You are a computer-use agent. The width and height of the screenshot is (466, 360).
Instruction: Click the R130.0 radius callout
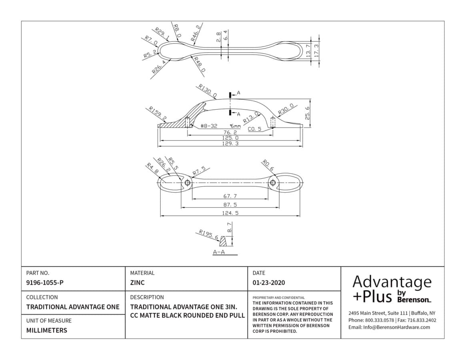coord(208,91)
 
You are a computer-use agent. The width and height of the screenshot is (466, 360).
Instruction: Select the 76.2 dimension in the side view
coord(230,132)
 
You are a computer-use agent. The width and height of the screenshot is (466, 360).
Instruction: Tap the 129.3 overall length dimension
coord(230,143)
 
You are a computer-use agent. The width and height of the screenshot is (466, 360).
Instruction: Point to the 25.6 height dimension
coord(307,113)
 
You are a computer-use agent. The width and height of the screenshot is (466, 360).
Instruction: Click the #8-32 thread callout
coord(209,126)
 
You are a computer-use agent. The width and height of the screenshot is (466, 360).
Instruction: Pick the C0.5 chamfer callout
coord(255,129)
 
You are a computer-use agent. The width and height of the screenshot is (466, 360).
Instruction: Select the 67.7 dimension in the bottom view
coord(230,196)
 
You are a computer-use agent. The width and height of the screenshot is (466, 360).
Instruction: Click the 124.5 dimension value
coord(230,213)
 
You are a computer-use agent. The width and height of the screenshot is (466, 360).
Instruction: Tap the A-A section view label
coord(219,252)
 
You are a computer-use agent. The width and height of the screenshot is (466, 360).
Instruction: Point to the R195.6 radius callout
coord(208,234)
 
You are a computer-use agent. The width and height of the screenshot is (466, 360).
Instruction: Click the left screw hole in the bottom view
coord(187,182)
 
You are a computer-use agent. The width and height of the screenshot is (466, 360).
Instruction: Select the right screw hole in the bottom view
coord(272,182)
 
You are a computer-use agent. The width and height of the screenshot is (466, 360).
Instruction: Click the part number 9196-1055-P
coord(45,282)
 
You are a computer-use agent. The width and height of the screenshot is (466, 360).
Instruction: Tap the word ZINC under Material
coord(137,282)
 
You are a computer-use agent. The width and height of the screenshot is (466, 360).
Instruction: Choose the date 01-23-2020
coord(269,282)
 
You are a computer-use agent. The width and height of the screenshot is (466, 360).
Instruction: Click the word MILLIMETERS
coord(47,330)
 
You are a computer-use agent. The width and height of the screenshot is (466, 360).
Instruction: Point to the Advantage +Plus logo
coord(392,289)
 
